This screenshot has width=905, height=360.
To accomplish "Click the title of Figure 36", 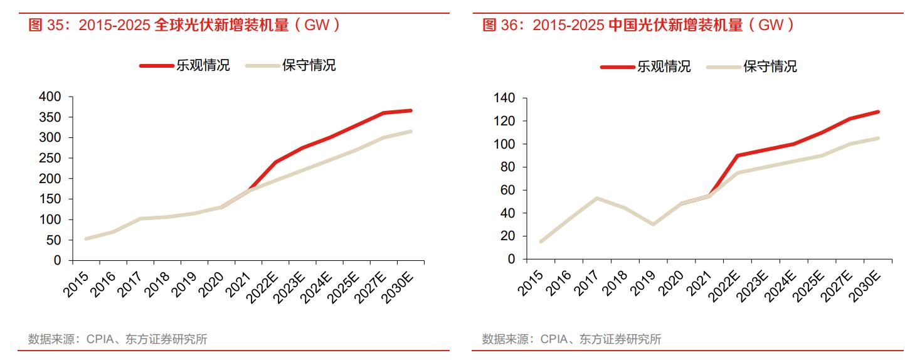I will coord(638,25).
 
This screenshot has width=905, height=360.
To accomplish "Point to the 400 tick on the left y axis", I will coord(50,97).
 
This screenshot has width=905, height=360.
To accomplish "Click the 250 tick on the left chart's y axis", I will coord(50,158).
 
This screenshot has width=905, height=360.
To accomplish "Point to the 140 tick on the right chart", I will coord(504,98).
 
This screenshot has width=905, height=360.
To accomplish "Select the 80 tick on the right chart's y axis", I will coord(508,167).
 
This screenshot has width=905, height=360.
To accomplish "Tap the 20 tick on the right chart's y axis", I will coord(508,236).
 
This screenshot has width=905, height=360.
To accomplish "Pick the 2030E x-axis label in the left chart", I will coord(401,285).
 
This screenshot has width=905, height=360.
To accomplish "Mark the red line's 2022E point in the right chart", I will coord(738,155).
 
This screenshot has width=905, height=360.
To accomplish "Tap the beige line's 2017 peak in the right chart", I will coord(597,198).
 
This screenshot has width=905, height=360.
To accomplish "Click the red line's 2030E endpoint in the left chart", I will coord(411,110).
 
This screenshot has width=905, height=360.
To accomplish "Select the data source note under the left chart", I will coord(117,339).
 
